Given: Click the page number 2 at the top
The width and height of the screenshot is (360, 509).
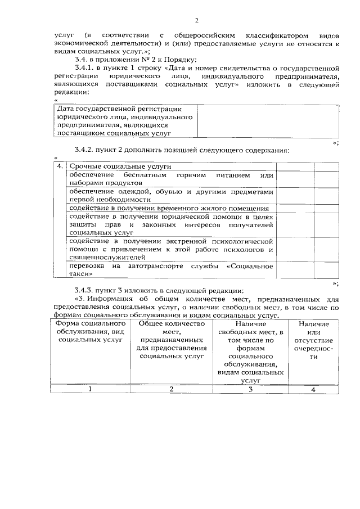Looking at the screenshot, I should (196, 21).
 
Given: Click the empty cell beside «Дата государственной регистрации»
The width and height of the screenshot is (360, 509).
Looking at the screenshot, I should (268, 121).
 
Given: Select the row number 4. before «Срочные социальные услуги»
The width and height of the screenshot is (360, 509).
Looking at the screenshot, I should (60, 167).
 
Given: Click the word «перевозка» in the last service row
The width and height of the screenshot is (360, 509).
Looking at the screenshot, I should (86, 265).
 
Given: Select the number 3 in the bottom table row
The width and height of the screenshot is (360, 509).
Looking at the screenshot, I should (250, 389).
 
